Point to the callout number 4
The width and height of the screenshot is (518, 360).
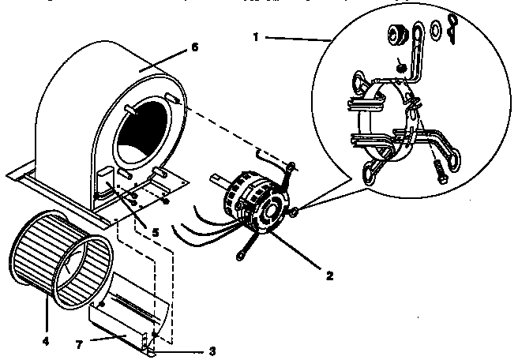46,342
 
